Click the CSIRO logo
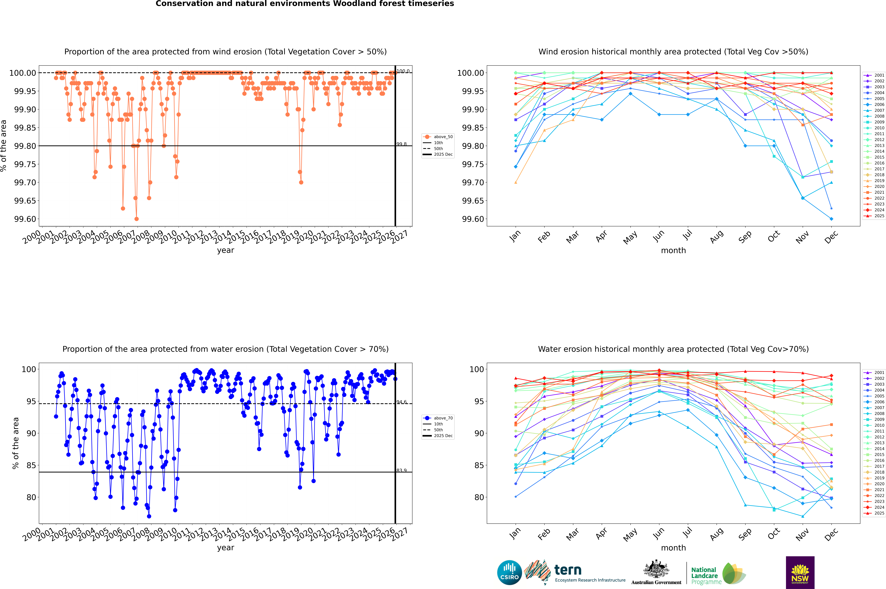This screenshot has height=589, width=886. click(x=509, y=572)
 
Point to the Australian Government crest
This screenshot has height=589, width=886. click(x=656, y=570)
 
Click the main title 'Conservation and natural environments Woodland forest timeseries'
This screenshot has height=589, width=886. click(x=305, y=4)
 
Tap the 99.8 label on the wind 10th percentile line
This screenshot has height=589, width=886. click(x=402, y=144)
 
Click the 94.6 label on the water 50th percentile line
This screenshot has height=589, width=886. click(x=402, y=402)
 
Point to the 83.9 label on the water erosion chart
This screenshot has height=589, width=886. click(x=402, y=470)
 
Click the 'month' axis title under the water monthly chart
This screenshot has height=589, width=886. click(x=673, y=548)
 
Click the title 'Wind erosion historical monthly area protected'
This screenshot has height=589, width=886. click(x=673, y=52)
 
